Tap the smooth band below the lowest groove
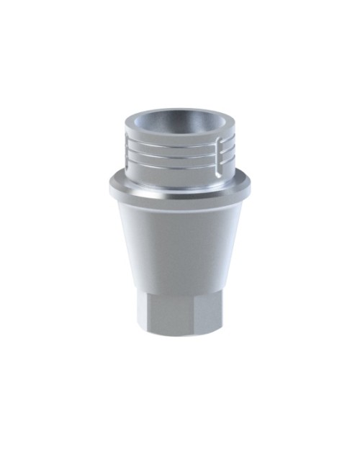176,175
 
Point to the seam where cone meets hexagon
177,291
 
